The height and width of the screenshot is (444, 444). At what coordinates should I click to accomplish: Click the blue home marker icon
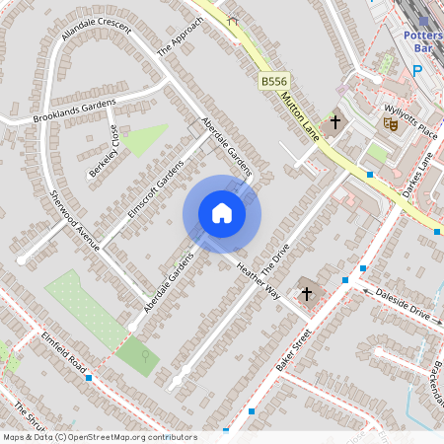click(222, 213)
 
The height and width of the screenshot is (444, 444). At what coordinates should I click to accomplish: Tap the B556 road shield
click(274, 80)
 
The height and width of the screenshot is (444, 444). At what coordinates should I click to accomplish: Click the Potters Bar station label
click(422, 40)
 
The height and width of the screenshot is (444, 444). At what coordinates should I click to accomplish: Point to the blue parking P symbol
click(417, 70)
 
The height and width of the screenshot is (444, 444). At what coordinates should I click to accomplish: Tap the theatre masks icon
click(391, 123)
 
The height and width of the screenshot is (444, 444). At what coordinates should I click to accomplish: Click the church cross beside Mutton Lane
click(335, 123)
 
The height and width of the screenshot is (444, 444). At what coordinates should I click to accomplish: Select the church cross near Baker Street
click(306, 293)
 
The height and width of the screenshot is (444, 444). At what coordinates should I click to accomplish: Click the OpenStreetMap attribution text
click(99, 437)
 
